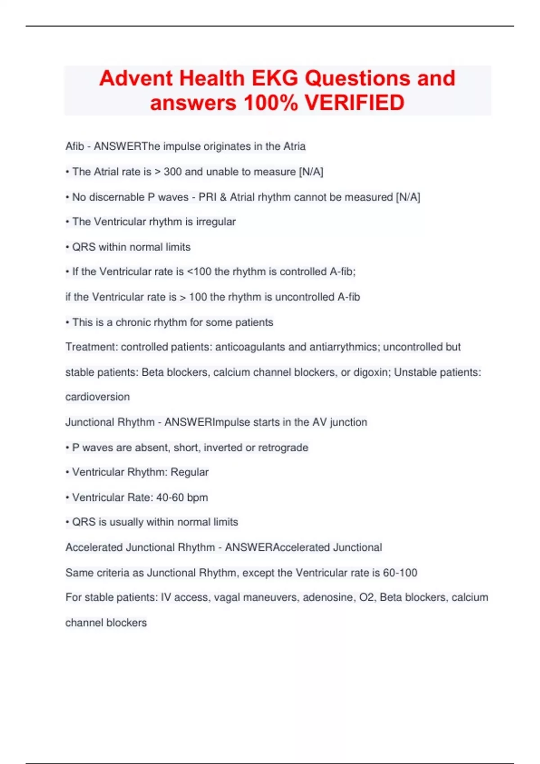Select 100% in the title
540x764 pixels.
[270, 102]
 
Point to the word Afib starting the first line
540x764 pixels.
[75, 147]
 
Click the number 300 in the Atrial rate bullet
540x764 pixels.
[172, 172]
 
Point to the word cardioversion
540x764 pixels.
[98, 397]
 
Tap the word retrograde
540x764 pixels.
[283, 448]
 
